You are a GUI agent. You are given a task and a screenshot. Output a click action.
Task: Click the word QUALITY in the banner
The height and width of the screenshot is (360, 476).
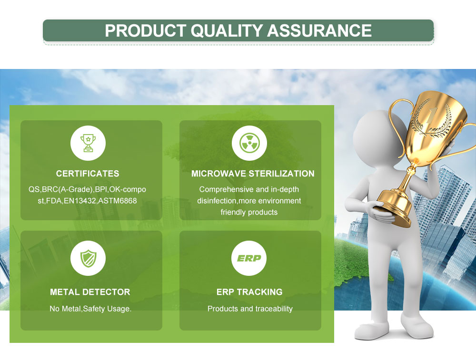coord(227,30)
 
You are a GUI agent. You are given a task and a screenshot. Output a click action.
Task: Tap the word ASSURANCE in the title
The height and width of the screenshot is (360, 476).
coord(319,30)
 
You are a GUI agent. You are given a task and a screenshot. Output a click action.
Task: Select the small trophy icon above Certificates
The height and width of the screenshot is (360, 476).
coord(88,143)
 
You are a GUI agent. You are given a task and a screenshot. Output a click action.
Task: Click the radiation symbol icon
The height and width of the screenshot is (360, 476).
coord(249,143)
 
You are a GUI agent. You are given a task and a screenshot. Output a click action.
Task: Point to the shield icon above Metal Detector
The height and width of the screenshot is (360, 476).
coord(88,258)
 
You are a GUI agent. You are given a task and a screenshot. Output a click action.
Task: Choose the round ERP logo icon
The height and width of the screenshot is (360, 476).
coord(249,258)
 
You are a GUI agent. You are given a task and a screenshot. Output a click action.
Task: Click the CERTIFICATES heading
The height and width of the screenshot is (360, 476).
coord(88,174)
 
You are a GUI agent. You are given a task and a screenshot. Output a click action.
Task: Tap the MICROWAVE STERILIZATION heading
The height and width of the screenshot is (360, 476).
coord(253,174)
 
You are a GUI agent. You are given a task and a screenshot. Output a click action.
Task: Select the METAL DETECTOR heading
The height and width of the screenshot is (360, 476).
coord(90,292)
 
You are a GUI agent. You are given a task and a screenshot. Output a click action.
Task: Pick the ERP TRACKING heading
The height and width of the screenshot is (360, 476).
coord(249,292)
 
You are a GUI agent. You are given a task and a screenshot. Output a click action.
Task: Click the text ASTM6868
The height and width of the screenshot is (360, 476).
coord(118,201)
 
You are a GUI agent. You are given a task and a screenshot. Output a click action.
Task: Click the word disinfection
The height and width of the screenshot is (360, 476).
coord(217,201)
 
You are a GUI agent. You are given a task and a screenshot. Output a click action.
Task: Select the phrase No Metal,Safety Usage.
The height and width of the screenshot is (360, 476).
coord(90,309)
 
